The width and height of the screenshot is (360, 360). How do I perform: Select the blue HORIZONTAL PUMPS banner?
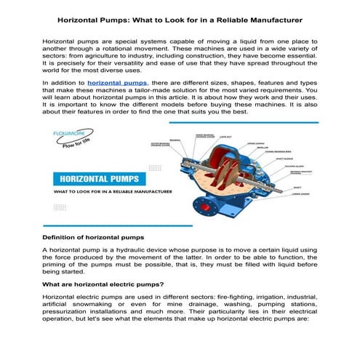[x=98, y=177]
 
